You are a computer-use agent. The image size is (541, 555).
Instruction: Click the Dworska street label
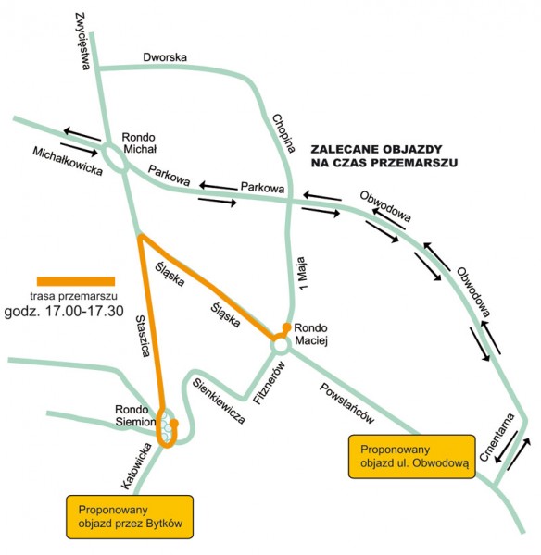tap(165, 57)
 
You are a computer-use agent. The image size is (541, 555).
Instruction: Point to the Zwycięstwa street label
tap(83, 41)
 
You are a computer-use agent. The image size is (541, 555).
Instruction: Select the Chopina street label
tap(284, 133)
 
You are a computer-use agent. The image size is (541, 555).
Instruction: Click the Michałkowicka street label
tap(68, 161)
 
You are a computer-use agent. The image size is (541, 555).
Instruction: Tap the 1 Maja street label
tap(301, 273)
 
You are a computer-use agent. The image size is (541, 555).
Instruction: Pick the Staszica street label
tap(144, 336)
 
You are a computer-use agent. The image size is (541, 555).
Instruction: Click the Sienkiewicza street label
tap(219, 401)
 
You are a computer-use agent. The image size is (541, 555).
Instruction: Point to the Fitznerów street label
tap(270, 382)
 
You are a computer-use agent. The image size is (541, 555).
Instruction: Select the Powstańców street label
tap(347, 403)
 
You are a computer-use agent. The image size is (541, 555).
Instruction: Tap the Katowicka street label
tap(137, 466)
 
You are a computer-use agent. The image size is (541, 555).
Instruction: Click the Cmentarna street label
tap(497, 438)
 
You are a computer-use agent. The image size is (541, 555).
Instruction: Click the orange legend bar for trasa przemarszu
tap(76, 281)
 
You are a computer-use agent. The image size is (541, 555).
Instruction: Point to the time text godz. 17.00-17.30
tap(64, 311)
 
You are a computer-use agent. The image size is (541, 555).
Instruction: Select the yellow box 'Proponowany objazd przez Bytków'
tap(130, 517)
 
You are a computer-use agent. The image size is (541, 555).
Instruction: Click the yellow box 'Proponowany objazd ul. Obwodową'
tap(412, 457)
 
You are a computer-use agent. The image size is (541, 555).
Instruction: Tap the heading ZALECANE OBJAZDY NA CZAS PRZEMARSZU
tap(384, 155)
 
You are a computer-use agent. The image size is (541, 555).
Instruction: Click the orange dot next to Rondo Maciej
tap(286, 327)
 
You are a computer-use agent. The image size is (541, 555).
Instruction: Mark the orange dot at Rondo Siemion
tap(174, 423)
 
